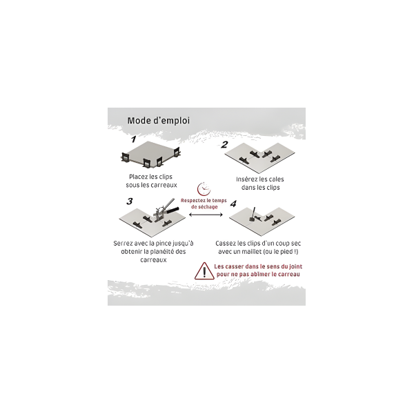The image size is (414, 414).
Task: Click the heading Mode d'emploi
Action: pyautogui.click(x=159, y=121)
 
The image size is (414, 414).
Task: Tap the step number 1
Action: pyautogui.click(x=134, y=139)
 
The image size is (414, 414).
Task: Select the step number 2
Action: pyautogui.click(x=224, y=145)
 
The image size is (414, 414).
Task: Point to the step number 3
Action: pyautogui.click(x=130, y=201)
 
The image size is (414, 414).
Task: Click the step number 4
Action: pyautogui.click(x=233, y=204)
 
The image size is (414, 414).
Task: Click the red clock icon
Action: pyautogui.click(x=204, y=188)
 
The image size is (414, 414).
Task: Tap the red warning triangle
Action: pyautogui.click(x=204, y=271)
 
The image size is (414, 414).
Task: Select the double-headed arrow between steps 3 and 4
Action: pyautogui.click(x=206, y=215)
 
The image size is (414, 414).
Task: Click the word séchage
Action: pyautogui.click(x=208, y=207)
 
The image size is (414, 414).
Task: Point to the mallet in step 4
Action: pyautogui.click(x=252, y=215)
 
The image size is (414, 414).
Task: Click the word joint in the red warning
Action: pyautogui.click(x=296, y=266)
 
